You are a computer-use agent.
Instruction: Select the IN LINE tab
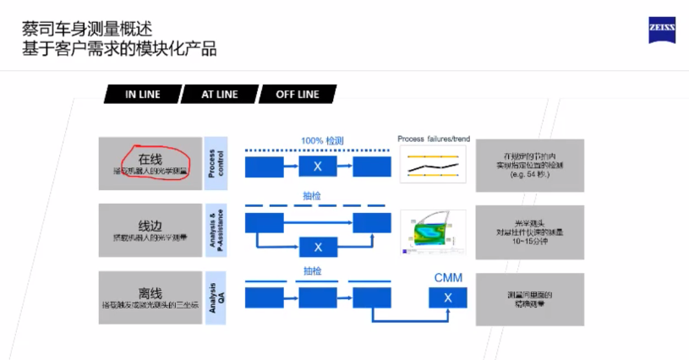(x=143, y=94)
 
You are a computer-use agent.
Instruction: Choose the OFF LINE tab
(x=297, y=94)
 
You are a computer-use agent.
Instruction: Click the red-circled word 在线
(x=150, y=158)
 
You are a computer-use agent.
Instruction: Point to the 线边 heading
(x=150, y=225)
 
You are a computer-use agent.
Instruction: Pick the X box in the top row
(x=318, y=166)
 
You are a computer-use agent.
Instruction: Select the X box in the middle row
(x=318, y=247)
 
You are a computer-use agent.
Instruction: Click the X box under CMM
(x=447, y=297)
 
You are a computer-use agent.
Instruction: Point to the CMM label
(x=447, y=277)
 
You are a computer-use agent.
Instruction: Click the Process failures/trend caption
(x=432, y=139)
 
